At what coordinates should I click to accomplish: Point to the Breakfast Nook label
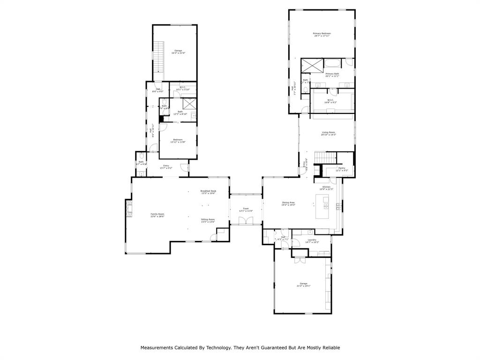(208, 191)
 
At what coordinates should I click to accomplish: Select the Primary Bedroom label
(322, 33)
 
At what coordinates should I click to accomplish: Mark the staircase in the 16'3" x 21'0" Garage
(160, 57)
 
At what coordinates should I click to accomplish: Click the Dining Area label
(288, 202)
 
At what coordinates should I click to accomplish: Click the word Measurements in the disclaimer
(157, 348)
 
